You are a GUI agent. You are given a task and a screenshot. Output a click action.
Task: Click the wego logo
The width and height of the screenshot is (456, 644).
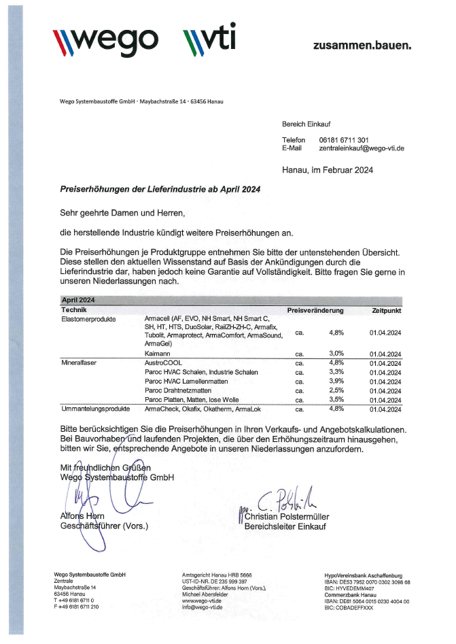(105, 40)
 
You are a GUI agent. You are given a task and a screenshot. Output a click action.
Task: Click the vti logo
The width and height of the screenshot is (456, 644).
(209, 40)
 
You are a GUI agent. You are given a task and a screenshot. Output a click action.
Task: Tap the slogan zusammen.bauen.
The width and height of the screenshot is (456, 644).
(362, 46)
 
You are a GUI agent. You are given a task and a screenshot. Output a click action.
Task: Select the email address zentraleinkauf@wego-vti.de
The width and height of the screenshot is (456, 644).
(362, 148)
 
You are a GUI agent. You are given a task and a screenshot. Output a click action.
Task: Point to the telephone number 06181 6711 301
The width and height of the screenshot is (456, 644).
(344, 139)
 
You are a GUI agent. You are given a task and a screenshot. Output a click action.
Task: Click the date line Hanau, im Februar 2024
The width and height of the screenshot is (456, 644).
(327, 170)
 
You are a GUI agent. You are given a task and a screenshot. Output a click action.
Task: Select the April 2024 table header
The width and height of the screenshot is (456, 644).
(77, 300)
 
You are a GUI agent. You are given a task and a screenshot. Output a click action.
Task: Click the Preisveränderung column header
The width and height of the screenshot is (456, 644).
(315, 310)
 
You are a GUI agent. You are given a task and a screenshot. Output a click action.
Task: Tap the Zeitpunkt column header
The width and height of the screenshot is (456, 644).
(386, 310)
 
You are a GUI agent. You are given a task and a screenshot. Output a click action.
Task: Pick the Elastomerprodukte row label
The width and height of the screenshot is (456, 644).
(89, 319)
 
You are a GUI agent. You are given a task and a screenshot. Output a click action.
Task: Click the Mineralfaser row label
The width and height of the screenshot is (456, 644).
(79, 363)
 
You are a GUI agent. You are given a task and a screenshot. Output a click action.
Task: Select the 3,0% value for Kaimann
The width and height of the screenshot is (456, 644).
(336, 354)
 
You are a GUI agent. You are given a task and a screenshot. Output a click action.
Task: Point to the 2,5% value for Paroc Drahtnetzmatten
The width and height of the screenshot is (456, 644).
(336, 390)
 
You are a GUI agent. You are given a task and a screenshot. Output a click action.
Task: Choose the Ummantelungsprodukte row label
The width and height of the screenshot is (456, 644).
(95, 409)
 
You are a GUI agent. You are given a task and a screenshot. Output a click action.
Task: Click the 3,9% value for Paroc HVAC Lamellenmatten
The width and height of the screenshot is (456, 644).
(336, 382)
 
